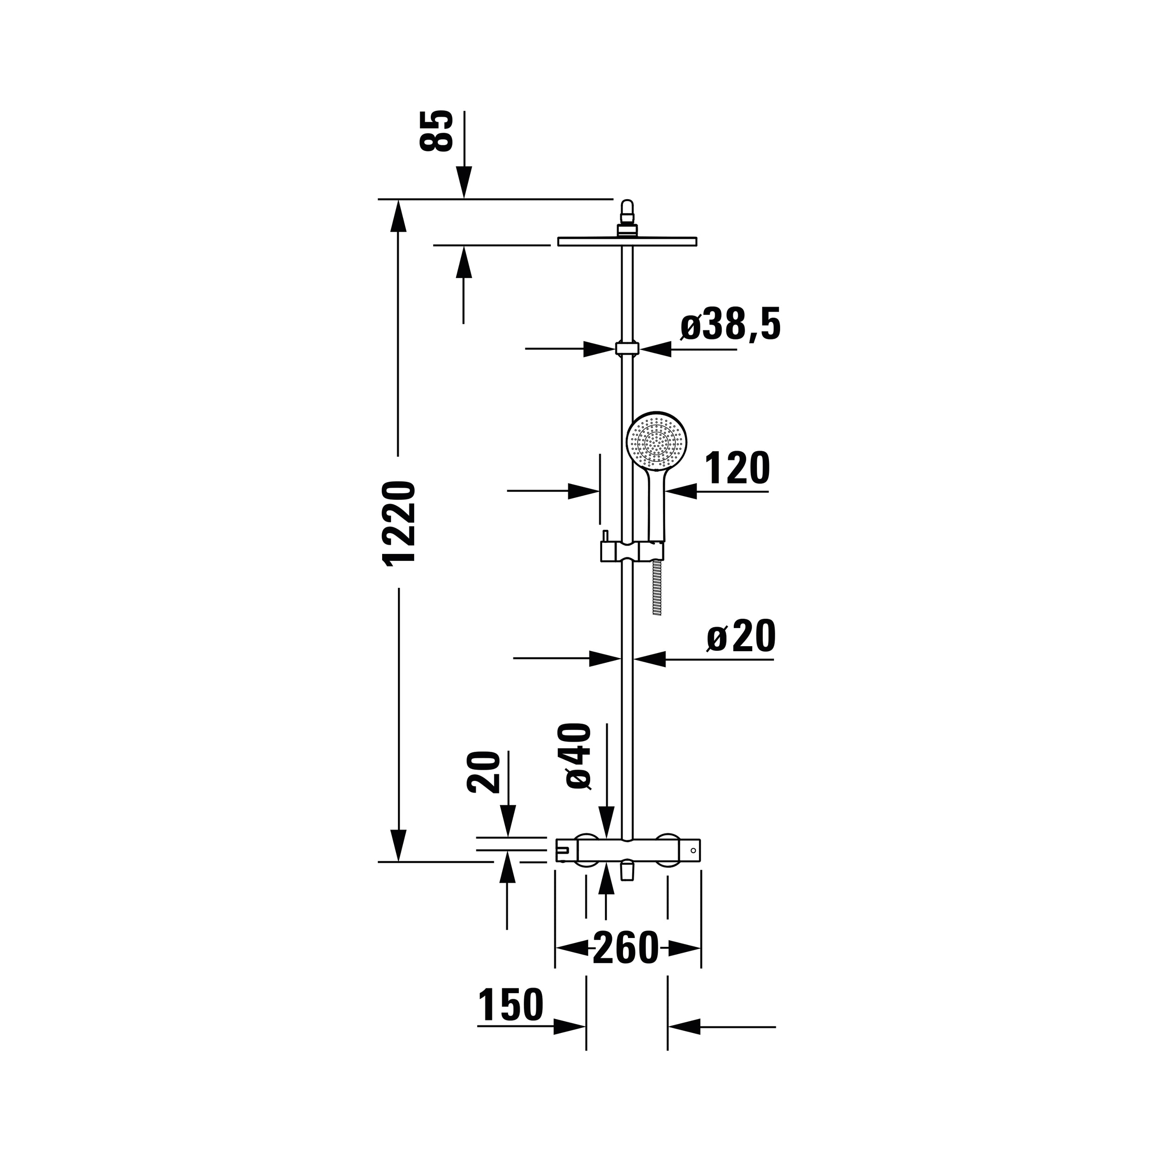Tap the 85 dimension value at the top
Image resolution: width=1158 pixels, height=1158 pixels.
tap(436, 131)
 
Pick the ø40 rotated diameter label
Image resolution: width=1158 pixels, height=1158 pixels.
tap(574, 756)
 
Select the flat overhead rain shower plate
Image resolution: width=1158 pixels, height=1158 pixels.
tap(627, 241)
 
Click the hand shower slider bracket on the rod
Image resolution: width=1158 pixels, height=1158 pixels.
tap(632, 550)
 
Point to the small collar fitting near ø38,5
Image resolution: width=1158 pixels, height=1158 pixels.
tap(627, 349)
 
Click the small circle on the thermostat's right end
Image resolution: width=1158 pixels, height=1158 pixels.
tap(693, 850)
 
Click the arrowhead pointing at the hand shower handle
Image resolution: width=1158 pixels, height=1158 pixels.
tap(681, 491)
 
